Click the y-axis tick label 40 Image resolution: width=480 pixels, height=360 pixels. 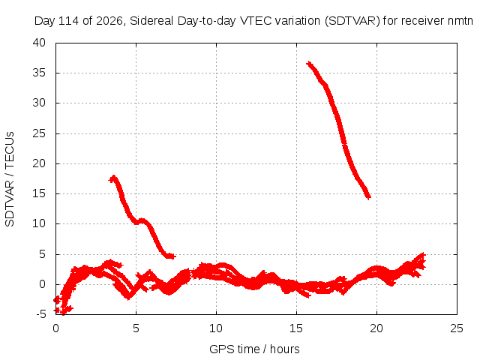39,43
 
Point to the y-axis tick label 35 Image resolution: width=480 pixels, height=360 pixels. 39,73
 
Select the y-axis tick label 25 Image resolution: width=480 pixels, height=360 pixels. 39,133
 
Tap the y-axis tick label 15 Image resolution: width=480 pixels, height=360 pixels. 39,193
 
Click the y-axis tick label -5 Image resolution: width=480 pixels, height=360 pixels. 40,314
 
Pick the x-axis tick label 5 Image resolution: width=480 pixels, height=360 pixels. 136,328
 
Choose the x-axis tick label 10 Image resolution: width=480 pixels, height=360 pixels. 216,328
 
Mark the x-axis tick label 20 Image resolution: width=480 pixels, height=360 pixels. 376,328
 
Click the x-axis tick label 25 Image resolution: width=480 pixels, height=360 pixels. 457,328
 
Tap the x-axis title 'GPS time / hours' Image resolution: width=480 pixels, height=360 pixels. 254,349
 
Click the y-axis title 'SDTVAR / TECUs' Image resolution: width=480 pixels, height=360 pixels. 10,179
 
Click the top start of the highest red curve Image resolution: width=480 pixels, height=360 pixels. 309,63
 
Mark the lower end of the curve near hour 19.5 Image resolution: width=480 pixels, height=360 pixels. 368,196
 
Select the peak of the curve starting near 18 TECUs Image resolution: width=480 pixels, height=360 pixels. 114,177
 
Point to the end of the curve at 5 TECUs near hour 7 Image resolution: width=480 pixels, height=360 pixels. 173,256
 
